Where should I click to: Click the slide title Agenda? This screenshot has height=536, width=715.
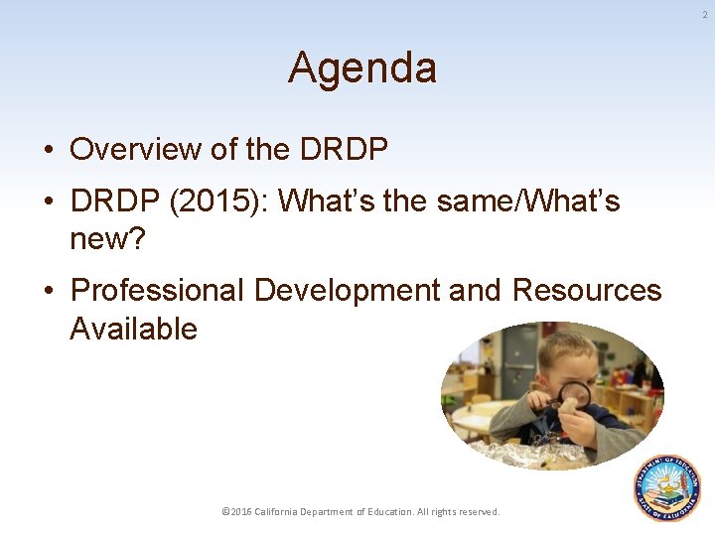361,68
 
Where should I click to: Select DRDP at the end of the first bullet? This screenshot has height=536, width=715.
343,149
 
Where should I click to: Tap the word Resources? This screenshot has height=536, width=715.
587,291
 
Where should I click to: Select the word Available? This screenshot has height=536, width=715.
133,329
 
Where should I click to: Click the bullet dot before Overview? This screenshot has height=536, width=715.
48,150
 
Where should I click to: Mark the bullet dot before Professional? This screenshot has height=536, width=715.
48,292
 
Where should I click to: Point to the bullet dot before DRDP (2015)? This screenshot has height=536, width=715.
48,202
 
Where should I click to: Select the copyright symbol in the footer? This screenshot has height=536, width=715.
225,511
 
